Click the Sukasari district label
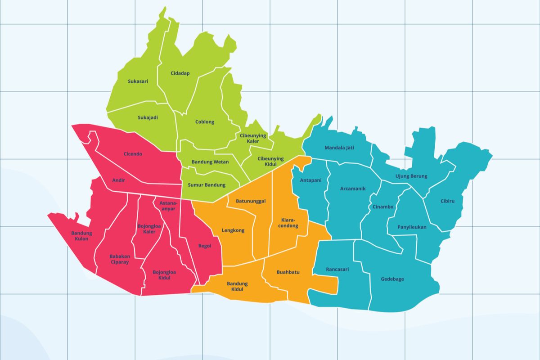tap(138, 81)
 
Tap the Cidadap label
tap(180, 73)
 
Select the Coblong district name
tap(205, 122)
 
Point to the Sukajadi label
tap(148, 117)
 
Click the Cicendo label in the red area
tap(133, 154)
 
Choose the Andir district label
tap(119, 180)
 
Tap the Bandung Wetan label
tap(210, 162)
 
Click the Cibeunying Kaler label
tap(253, 138)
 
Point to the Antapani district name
tap(310, 180)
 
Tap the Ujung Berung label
tap(411, 176)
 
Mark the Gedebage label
tap(392, 279)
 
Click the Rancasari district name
tap(337, 270)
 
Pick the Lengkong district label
tap(233, 230)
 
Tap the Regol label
tap(205, 246)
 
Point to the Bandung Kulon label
tap(81, 236)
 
